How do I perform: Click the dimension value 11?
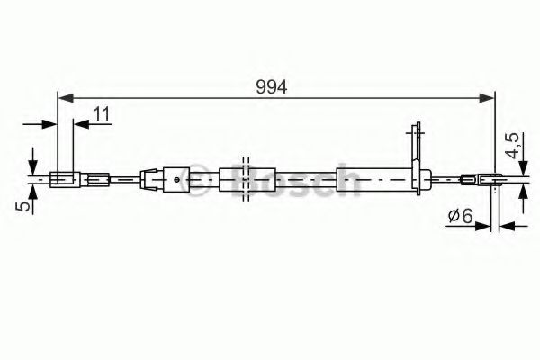[x=101, y=113]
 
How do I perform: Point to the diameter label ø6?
[x=460, y=216]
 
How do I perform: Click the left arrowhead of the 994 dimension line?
[x=63, y=97]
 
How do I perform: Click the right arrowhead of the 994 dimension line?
[x=490, y=97]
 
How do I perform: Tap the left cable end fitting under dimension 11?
[x=64, y=179]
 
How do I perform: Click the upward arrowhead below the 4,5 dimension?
[x=522, y=193]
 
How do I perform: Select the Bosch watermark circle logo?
[x=243, y=180]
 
